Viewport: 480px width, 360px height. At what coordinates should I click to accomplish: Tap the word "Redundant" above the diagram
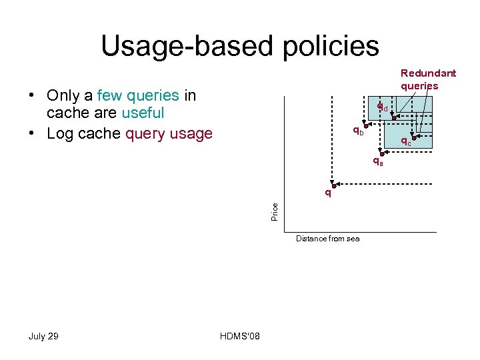(428, 73)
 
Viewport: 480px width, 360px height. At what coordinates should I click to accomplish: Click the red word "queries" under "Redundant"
(419, 85)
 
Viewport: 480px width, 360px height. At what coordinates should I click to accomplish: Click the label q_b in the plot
(358, 130)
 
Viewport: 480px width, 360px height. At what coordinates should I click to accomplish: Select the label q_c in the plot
(405, 141)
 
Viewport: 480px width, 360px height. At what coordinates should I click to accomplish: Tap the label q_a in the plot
(377, 161)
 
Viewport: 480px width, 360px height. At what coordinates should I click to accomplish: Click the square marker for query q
(334, 185)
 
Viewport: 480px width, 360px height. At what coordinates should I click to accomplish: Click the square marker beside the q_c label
(413, 137)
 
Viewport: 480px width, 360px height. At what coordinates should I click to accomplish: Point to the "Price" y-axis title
(275, 212)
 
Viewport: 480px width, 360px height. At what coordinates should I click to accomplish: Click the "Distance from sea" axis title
(327, 239)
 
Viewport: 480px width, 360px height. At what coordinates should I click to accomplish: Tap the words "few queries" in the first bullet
(138, 96)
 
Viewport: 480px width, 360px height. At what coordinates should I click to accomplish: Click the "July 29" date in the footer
(43, 336)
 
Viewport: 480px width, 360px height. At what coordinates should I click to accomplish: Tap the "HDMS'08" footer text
(239, 336)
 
